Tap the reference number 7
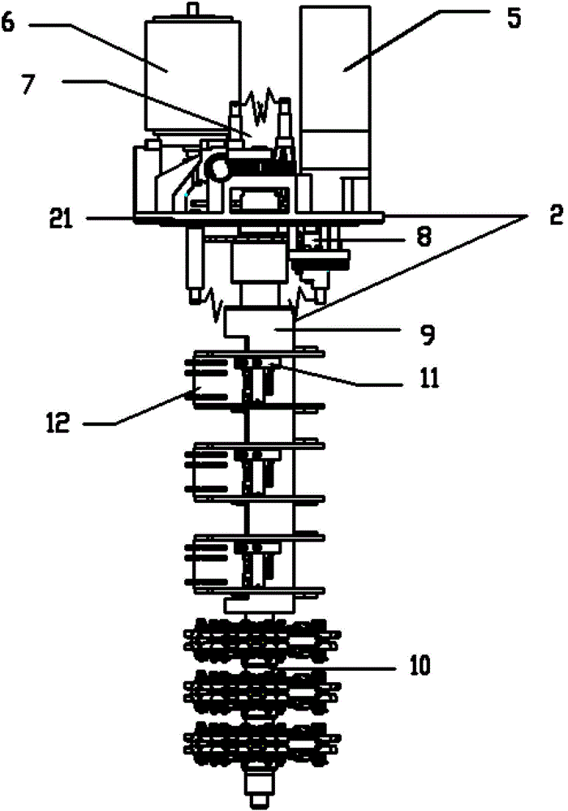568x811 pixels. [29, 86]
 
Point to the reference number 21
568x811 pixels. [61, 218]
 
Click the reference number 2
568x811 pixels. [556, 215]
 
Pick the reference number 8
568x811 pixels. [424, 238]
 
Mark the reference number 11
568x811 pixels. [429, 379]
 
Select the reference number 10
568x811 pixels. [420, 666]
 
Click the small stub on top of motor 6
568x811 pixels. [193, 10]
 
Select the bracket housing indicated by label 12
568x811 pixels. [216, 381]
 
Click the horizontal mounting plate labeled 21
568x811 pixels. [259, 218]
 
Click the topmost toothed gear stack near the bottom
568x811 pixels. [262, 640]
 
